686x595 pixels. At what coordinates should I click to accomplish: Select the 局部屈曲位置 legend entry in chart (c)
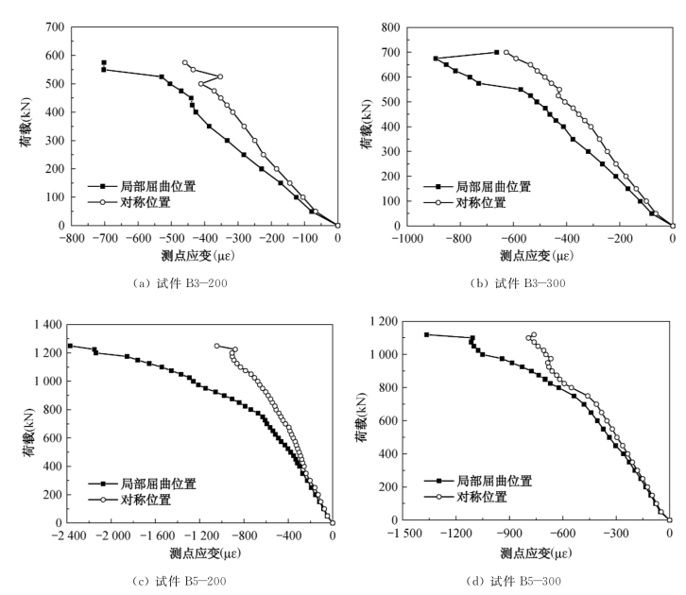pyautogui.click(x=156, y=484)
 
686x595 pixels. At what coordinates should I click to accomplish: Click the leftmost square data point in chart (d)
pyautogui.click(x=427, y=334)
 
